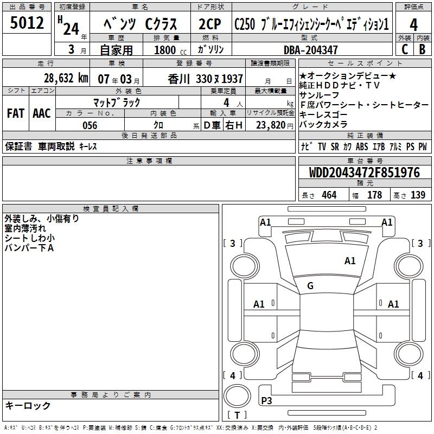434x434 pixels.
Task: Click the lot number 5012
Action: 27,23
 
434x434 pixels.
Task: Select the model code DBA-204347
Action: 311,50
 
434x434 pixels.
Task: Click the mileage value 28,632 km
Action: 66,78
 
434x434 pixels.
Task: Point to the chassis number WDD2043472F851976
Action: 365,173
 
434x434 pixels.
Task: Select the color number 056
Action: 90,125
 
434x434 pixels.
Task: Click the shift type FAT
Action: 16,113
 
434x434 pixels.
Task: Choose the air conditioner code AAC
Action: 42,113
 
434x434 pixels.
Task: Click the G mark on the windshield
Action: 310,286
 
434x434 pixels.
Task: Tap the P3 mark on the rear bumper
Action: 267,400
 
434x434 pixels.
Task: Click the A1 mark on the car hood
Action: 350,261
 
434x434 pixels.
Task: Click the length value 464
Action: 329,195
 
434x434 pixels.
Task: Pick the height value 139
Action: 418,195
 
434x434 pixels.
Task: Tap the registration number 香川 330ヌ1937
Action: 206,79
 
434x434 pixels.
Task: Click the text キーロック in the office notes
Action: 28,405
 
